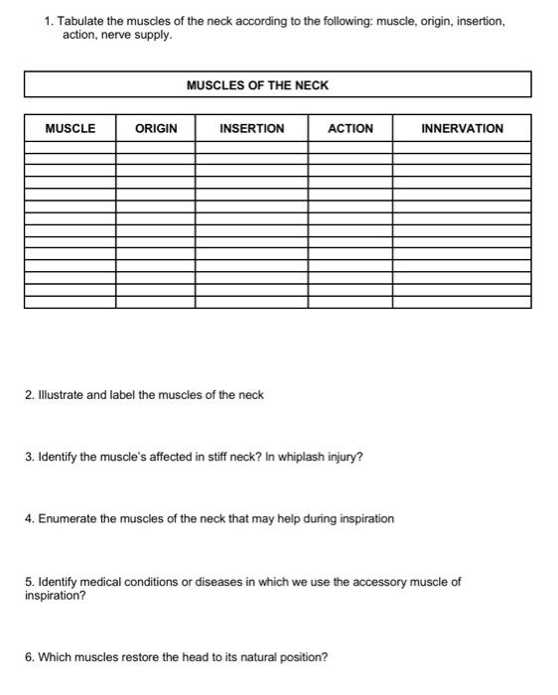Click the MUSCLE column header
coord(70,128)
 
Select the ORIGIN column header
coord(156,128)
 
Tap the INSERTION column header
coord(251,128)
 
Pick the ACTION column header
coord(349,128)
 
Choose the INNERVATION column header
coord(462,128)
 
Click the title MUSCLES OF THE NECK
coord(257,85)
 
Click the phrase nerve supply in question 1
coord(136,35)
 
